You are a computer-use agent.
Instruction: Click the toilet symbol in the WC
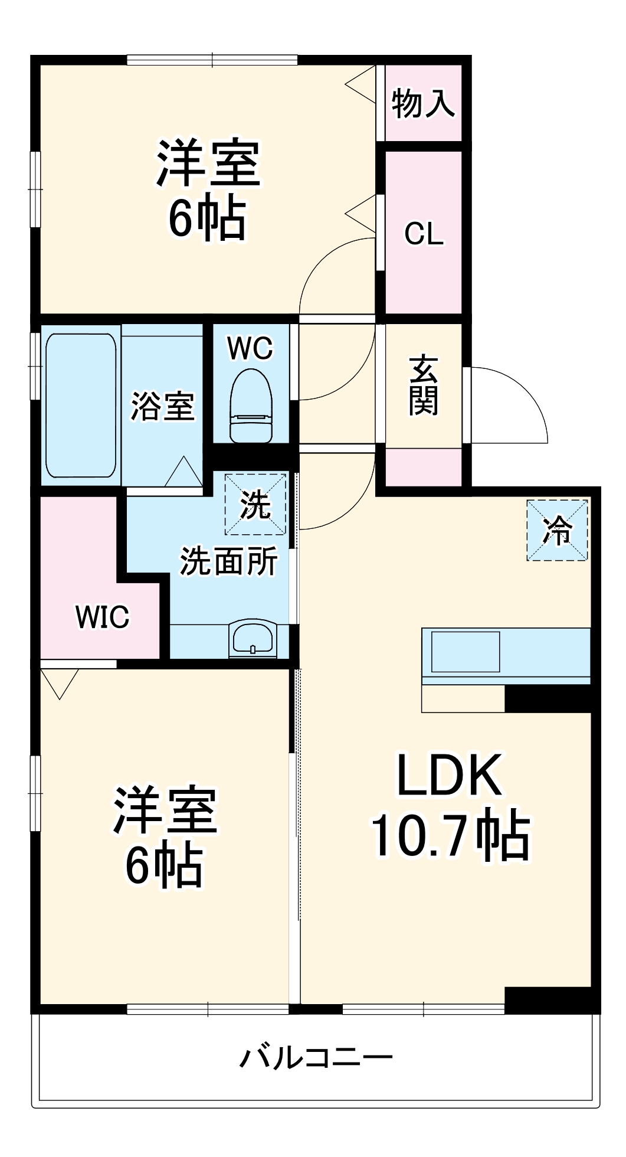(x=251, y=406)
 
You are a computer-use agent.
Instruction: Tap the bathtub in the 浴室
(x=81, y=406)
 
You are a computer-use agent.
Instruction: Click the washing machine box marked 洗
(x=255, y=504)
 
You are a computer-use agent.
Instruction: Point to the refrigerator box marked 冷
(x=557, y=530)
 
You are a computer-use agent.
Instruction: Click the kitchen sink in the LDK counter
(x=466, y=652)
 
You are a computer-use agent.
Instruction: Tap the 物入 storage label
(x=423, y=103)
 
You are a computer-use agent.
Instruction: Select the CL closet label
(x=424, y=233)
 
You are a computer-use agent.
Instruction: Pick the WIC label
(x=102, y=617)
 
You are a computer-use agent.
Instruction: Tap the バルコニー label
(x=316, y=1057)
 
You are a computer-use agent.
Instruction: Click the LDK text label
(x=450, y=774)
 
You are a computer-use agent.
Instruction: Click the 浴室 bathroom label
(x=162, y=406)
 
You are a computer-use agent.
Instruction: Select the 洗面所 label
(x=228, y=561)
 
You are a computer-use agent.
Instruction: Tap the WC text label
(x=250, y=348)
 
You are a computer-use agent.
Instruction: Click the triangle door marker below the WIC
(x=60, y=682)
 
